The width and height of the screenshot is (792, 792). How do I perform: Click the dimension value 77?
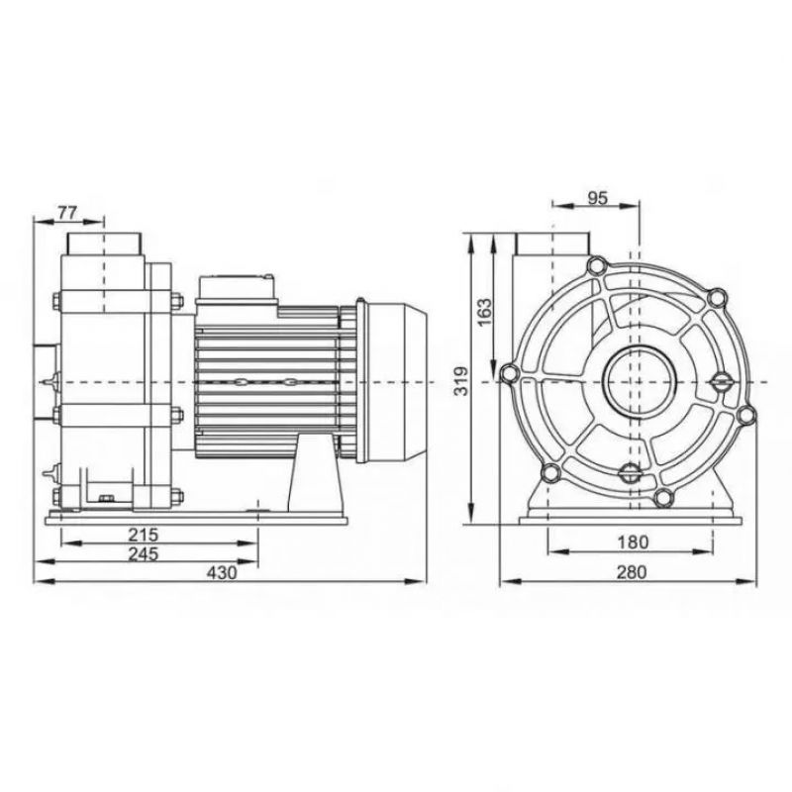coord(67,213)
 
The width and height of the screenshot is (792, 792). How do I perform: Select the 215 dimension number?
coord(143,534)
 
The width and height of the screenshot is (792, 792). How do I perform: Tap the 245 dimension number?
coord(143,553)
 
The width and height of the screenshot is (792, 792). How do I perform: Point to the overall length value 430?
coord(222,573)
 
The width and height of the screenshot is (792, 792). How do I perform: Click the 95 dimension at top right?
coord(597,198)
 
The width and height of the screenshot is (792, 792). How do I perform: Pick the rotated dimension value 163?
coord(483,313)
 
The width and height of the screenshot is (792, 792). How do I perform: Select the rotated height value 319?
coord(460,381)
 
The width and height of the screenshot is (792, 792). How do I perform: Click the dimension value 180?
coord(633,543)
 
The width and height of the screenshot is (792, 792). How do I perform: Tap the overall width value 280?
coord(632,572)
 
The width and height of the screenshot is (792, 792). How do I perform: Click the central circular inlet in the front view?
coord(635,381)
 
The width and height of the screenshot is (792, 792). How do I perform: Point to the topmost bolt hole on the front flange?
coord(597,265)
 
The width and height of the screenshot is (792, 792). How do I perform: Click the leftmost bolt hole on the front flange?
coord(509,374)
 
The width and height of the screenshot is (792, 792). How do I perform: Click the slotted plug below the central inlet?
coord(630,473)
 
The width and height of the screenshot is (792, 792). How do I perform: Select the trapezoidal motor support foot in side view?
coord(311,473)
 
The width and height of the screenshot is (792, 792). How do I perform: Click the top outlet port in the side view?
coord(104,245)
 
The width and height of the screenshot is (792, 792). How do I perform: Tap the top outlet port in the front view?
coord(553,245)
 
